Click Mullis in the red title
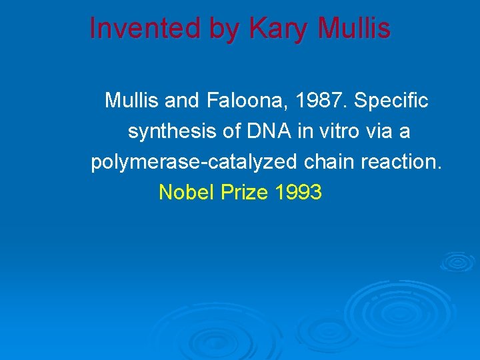354,28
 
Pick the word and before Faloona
181,101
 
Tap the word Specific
391,101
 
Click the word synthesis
173,132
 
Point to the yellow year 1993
298,193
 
